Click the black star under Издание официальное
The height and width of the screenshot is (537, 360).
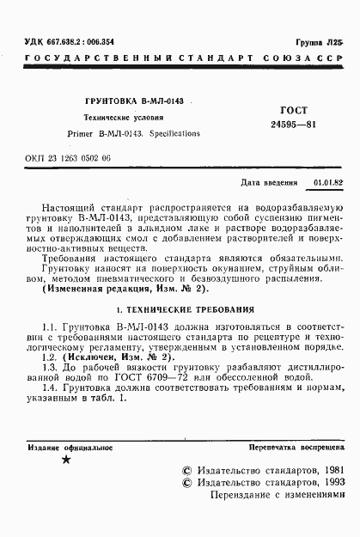point(66,461)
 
